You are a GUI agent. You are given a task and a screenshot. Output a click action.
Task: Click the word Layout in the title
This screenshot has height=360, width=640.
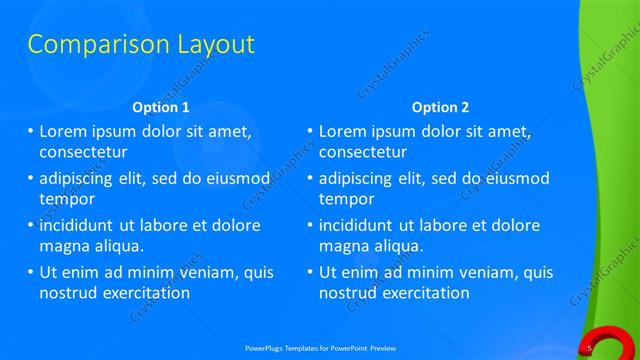(214, 45)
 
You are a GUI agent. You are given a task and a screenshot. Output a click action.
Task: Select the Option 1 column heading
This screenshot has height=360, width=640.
(160, 107)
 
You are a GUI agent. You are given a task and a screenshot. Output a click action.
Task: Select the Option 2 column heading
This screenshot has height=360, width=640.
(440, 107)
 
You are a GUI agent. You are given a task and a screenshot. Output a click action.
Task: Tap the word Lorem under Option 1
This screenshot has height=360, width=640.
(62, 131)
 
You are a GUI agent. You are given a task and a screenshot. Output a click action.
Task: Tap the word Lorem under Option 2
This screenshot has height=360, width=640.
(342, 131)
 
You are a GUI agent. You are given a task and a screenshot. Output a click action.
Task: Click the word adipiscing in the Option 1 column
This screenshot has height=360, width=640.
(81, 178)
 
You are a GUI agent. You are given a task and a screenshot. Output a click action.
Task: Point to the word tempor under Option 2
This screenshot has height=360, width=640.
(346, 198)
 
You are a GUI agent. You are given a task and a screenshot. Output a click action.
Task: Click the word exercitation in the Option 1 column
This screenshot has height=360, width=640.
(142, 293)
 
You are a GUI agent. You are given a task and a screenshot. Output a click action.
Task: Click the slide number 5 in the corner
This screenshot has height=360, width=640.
(590, 347)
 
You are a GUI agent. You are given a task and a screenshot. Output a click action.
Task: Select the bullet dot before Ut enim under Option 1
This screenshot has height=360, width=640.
(30, 272)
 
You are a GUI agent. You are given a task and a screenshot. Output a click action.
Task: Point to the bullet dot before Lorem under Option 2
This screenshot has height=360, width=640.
(310, 131)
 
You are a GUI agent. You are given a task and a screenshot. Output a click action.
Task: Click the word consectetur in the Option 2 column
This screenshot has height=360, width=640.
(363, 152)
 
